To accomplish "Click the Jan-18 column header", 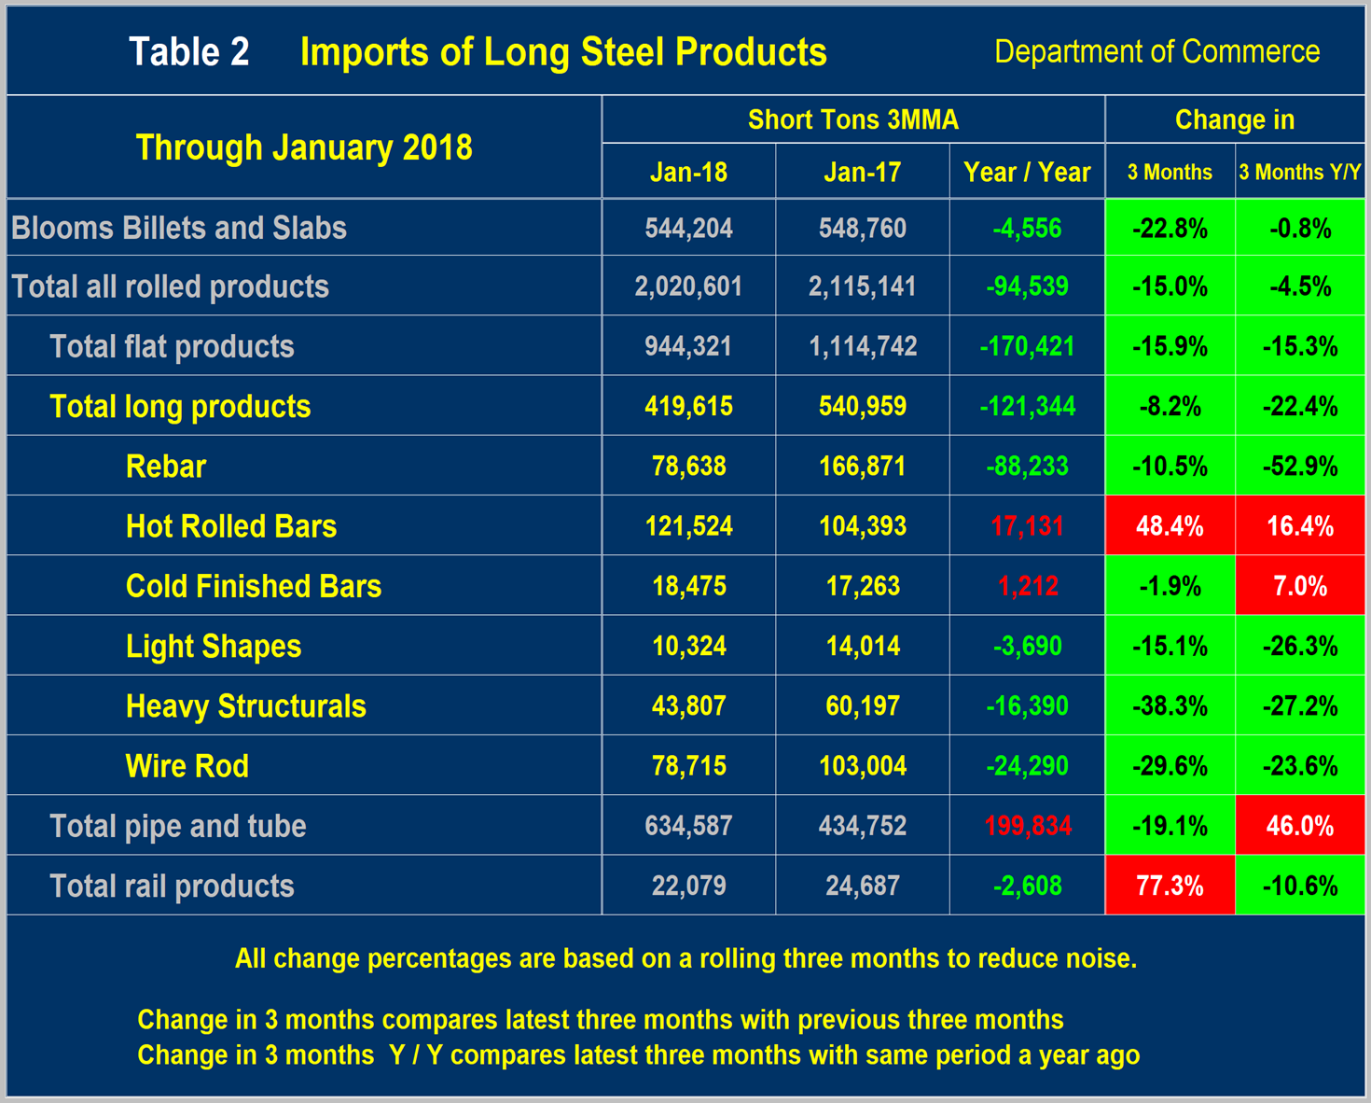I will (x=688, y=173).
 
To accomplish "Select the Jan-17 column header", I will (x=862, y=173).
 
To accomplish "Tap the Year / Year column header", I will (x=1026, y=173).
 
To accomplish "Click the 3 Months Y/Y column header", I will (x=1299, y=173).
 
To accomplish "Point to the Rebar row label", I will (x=166, y=467).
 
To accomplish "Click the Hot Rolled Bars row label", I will (x=231, y=526).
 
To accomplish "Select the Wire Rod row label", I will (x=187, y=766).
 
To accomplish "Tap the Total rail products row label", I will (x=172, y=886).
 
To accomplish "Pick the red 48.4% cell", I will (x=1170, y=526).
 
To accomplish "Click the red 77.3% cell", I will (x=1170, y=886).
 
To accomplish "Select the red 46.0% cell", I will (x=1299, y=826).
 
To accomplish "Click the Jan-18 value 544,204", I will (x=688, y=229).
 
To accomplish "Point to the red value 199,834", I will (x=1027, y=826).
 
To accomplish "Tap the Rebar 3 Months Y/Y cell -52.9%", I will (x=1299, y=467).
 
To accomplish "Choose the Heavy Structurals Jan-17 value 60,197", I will (x=862, y=706).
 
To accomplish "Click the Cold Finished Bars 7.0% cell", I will (x=1299, y=586).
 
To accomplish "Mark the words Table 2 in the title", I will (x=189, y=52).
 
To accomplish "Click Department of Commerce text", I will (x=1156, y=52).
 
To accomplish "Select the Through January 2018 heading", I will (x=304, y=147).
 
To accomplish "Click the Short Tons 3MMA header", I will (x=852, y=120).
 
